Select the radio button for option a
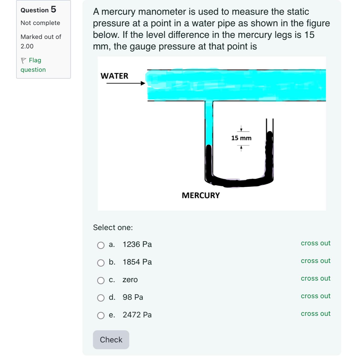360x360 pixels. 101,245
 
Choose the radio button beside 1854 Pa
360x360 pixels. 101,263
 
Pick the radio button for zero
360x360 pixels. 101,281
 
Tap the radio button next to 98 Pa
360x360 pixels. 101,298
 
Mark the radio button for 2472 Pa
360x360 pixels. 101,316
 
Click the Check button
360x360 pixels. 111,340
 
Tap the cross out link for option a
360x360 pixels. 316,243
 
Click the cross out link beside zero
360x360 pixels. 316,278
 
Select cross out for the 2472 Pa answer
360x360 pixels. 316,314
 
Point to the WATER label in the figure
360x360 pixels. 114,76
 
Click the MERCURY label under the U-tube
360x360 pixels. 201,195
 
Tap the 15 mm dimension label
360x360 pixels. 241,138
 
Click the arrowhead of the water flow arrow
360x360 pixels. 143,83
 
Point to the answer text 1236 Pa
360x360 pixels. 137,245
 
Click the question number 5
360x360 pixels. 53,9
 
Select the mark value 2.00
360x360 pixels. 27,46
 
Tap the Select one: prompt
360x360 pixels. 113,227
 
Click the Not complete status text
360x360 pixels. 40,23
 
